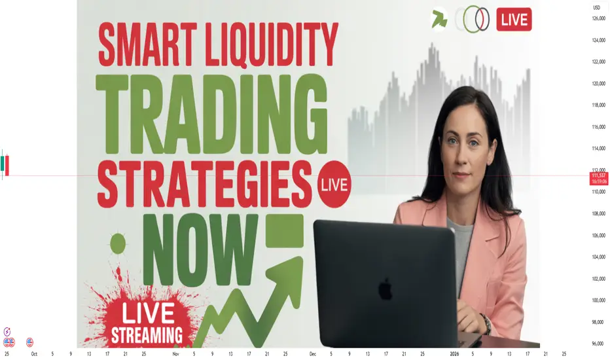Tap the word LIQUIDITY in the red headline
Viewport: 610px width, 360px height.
[272, 45]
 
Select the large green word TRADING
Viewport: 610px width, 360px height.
[212, 114]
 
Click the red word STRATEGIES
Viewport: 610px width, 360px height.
[205, 184]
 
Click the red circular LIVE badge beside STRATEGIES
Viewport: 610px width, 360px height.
[334, 184]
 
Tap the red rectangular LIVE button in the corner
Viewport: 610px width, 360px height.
[514, 20]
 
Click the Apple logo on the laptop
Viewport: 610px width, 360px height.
[385, 289]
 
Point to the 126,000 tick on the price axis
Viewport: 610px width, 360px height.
[599, 18]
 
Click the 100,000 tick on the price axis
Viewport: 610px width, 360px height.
[599, 300]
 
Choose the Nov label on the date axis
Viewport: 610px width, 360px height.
[176, 354]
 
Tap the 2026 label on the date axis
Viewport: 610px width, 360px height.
[454, 354]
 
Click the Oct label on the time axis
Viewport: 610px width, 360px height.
[34, 354]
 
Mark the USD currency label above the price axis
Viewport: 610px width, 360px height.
[597, 8]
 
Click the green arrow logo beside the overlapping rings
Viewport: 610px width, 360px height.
[439, 19]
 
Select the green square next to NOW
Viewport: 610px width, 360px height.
[285, 230]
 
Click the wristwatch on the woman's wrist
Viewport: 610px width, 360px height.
[486, 323]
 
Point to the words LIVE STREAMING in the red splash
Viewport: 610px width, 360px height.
[147, 323]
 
